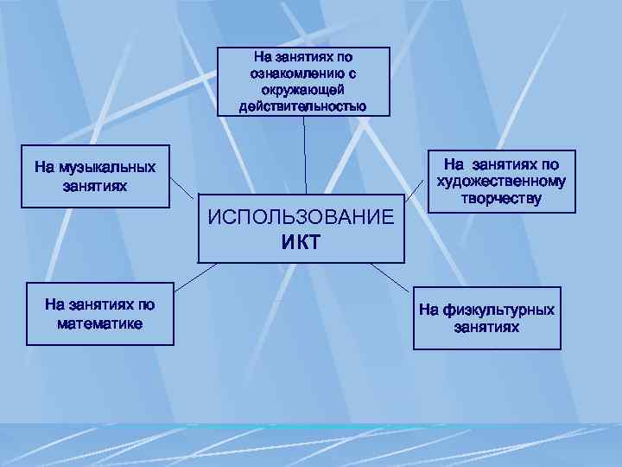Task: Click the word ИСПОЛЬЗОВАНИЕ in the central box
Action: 301,216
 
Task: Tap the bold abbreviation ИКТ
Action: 301,241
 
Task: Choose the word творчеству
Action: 502,198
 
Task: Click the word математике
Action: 100,323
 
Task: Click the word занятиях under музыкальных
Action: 95,185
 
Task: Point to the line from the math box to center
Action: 194,273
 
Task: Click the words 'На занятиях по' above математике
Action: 100,304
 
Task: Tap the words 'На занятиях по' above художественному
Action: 502,163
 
